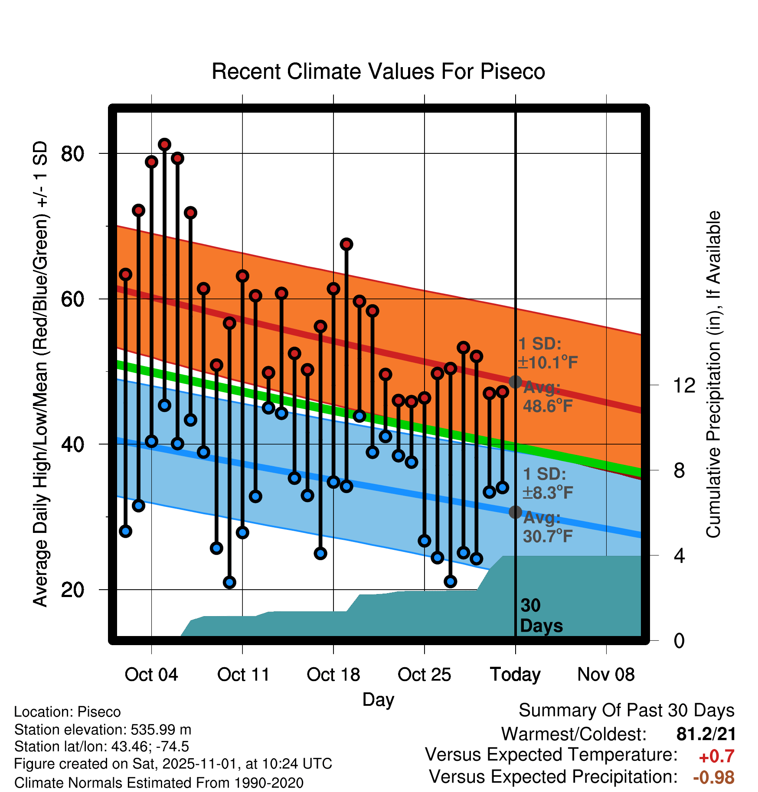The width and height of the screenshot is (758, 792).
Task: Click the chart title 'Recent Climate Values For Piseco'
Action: coord(378,71)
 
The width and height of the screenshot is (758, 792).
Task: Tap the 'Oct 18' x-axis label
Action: coord(333,675)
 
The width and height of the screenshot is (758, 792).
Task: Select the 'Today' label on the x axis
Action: coord(515,675)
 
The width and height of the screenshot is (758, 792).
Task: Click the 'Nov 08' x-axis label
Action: coord(606,675)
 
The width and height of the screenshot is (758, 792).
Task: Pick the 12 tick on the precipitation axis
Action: coord(684,385)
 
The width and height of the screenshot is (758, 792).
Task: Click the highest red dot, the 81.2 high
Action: coord(164,144)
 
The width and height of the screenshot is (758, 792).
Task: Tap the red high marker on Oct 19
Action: coord(346,244)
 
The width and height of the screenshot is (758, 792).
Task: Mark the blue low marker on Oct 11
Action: coord(242,532)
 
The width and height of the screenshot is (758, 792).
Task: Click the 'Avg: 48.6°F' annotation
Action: coord(547,397)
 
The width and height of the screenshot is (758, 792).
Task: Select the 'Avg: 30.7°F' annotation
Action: coord(547,527)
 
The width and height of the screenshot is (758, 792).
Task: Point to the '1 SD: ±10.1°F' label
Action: coord(547,353)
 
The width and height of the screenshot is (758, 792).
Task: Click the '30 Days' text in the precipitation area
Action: coord(541,616)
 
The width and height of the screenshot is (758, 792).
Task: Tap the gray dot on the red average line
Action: coord(515,382)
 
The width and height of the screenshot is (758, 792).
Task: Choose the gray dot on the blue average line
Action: coord(515,512)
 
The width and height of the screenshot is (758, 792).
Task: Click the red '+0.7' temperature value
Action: coord(716,756)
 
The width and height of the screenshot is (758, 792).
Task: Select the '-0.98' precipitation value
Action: coord(713,777)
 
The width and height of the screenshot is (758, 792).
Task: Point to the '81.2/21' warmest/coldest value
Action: coord(706,734)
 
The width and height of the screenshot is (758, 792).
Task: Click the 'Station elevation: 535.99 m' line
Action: coord(103,730)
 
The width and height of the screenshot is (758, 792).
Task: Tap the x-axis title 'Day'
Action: coord(378,699)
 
